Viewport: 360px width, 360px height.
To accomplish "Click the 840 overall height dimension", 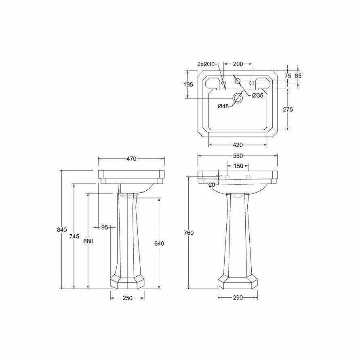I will point(62,229).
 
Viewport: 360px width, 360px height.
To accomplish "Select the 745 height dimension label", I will point(74,236).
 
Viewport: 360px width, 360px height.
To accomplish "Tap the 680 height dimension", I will point(88,241).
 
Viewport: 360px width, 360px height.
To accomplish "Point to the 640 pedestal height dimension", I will point(159,243).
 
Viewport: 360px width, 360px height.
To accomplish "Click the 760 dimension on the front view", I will point(189,233).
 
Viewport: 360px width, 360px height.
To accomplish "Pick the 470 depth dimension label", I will point(131,159).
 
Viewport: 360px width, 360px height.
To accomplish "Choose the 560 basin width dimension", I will point(238,156).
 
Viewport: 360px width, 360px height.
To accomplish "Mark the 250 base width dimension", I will point(127,298).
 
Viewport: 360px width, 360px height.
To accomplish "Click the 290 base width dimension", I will point(238,298).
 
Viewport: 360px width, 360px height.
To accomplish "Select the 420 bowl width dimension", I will point(238,145).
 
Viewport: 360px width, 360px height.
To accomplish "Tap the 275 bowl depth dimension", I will point(288,109).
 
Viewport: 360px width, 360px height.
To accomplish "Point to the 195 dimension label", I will point(188,84).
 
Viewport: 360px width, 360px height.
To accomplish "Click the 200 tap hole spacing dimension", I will point(238,64).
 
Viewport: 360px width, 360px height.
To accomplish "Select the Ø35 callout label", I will point(257,96).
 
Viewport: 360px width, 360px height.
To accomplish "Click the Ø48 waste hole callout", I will point(223,106).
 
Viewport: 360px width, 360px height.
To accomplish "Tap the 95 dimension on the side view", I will point(105,227).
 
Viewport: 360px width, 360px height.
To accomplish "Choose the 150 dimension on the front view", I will point(238,166).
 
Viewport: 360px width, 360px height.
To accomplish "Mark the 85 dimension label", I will point(298,76).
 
